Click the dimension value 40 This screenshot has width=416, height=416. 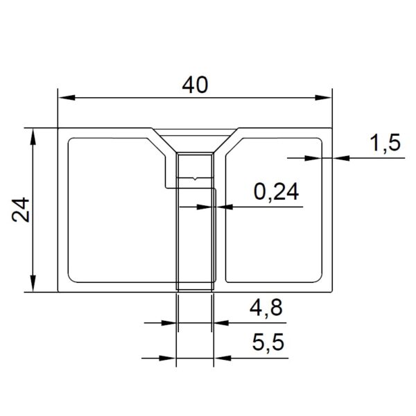point(195,85)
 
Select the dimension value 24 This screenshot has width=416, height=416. point(21,209)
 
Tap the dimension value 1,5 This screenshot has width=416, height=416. point(387,143)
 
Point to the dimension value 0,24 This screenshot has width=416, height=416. point(276,192)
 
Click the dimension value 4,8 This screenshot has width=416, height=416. point(266,307)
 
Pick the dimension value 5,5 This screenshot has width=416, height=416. point(268,343)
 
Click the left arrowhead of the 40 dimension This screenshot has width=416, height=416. point(67,98)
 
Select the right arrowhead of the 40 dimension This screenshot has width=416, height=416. point(323,98)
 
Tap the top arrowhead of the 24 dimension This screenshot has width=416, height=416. point(33,137)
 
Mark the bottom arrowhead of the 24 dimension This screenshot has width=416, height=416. point(33,284)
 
